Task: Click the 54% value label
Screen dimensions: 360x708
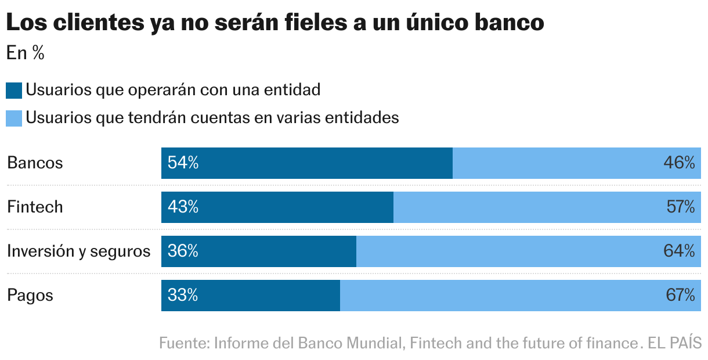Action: click(x=183, y=163)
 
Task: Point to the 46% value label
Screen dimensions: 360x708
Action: click(x=679, y=163)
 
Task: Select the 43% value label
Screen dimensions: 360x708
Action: click(x=183, y=207)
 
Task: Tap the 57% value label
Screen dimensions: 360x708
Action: click(x=680, y=207)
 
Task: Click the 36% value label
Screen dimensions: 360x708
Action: click(x=183, y=251)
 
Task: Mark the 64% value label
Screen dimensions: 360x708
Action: click(x=679, y=251)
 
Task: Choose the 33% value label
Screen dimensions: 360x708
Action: click(x=183, y=296)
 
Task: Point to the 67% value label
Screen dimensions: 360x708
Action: click(x=680, y=296)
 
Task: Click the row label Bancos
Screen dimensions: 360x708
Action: click(x=35, y=163)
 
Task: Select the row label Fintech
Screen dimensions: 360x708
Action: click(x=35, y=207)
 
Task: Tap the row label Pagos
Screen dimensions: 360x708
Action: click(x=30, y=296)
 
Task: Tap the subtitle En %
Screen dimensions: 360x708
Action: click(x=26, y=53)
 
